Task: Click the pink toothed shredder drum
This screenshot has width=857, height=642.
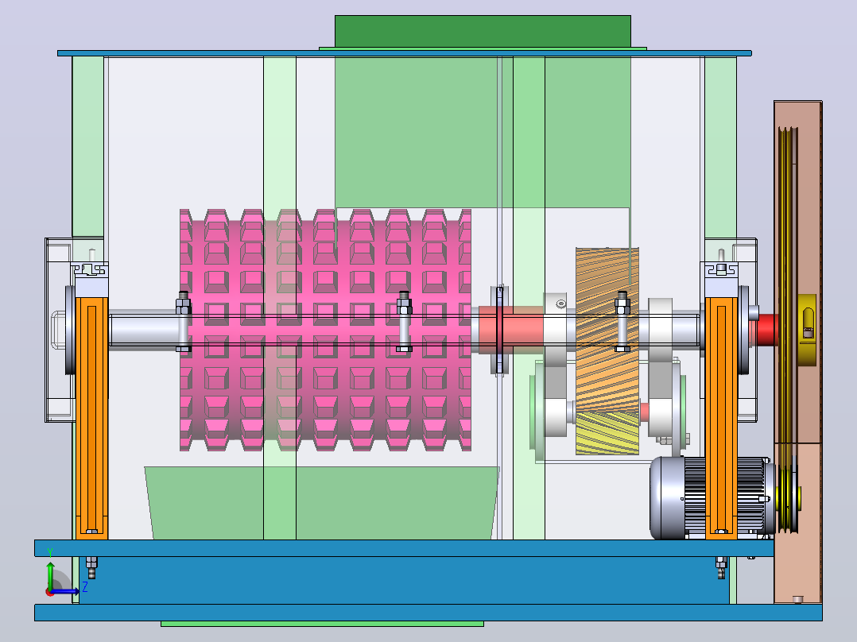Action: click(x=325, y=330)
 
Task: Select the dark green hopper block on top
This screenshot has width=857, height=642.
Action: click(x=483, y=31)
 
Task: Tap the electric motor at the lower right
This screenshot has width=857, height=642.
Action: click(x=711, y=497)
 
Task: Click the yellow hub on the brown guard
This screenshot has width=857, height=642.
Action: click(x=807, y=330)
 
